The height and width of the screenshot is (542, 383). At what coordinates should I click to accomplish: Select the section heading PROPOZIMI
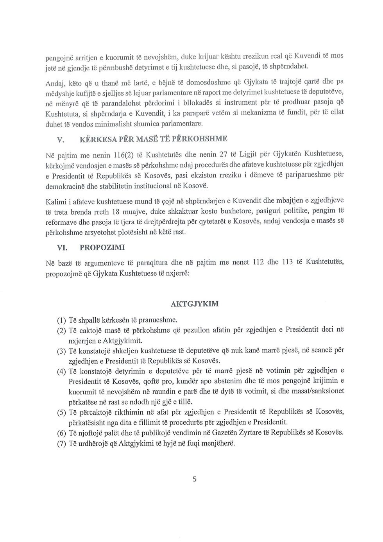click(x=102, y=247)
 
